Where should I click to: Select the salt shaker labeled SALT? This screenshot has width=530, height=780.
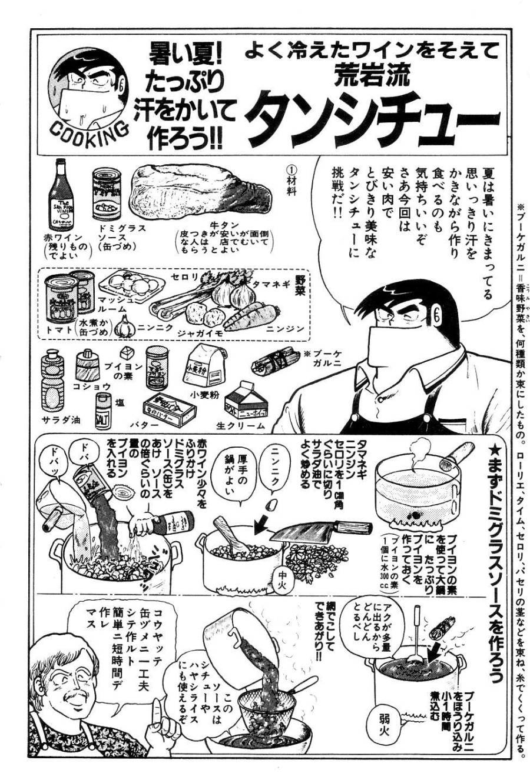[104, 409]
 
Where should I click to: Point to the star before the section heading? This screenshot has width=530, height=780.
[494, 451]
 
